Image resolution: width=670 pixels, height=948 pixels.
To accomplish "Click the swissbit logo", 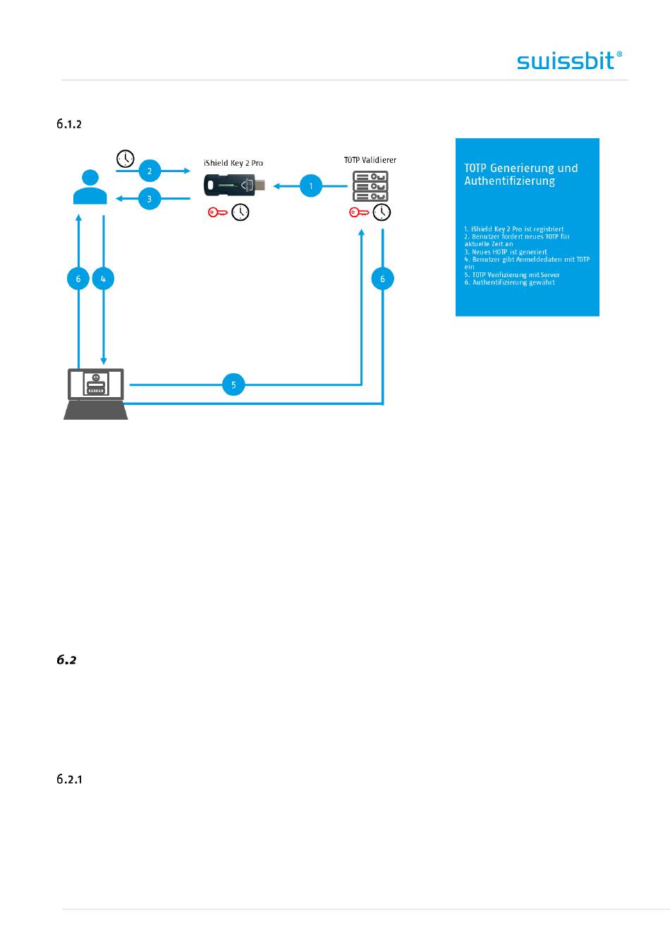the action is [x=569, y=61].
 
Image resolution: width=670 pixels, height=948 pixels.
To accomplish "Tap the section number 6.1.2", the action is [x=69, y=124].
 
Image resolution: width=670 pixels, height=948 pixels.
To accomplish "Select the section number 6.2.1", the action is [x=69, y=779].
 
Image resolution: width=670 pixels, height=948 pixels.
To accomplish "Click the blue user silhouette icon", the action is [x=90, y=187].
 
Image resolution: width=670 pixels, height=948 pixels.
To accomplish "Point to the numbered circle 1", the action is [x=311, y=186].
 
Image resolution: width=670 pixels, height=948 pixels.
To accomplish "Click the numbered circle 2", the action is [x=150, y=171].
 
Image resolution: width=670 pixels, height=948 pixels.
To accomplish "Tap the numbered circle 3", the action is [x=150, y=198].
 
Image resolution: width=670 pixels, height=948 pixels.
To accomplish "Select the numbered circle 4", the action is [x=103, y=279].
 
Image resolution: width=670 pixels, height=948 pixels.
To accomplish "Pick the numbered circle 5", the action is [x=233, y=384].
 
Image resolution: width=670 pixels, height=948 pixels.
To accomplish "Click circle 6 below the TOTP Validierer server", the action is [x=383, y=279].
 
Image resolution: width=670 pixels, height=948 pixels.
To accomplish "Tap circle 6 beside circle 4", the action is [x=78, y=279].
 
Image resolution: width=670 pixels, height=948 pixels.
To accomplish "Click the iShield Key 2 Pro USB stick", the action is [x=234, y=186].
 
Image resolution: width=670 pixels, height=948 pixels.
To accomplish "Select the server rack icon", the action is [x=370, y=186].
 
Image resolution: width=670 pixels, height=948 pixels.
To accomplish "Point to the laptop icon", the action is [x=96, y=394].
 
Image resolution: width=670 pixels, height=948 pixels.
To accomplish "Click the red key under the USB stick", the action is [x=217, y=212].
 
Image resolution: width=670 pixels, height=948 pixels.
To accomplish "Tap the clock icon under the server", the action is [x=382, y=212].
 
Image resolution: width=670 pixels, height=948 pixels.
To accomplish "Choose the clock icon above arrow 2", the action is [x=126, y=159].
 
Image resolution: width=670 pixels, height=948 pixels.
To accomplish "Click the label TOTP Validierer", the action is [x=370, y=160].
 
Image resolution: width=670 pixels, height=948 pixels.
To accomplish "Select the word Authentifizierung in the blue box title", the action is [x=510, y=181].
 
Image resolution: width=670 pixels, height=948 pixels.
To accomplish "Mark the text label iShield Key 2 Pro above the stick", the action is [x=233, y=164].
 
